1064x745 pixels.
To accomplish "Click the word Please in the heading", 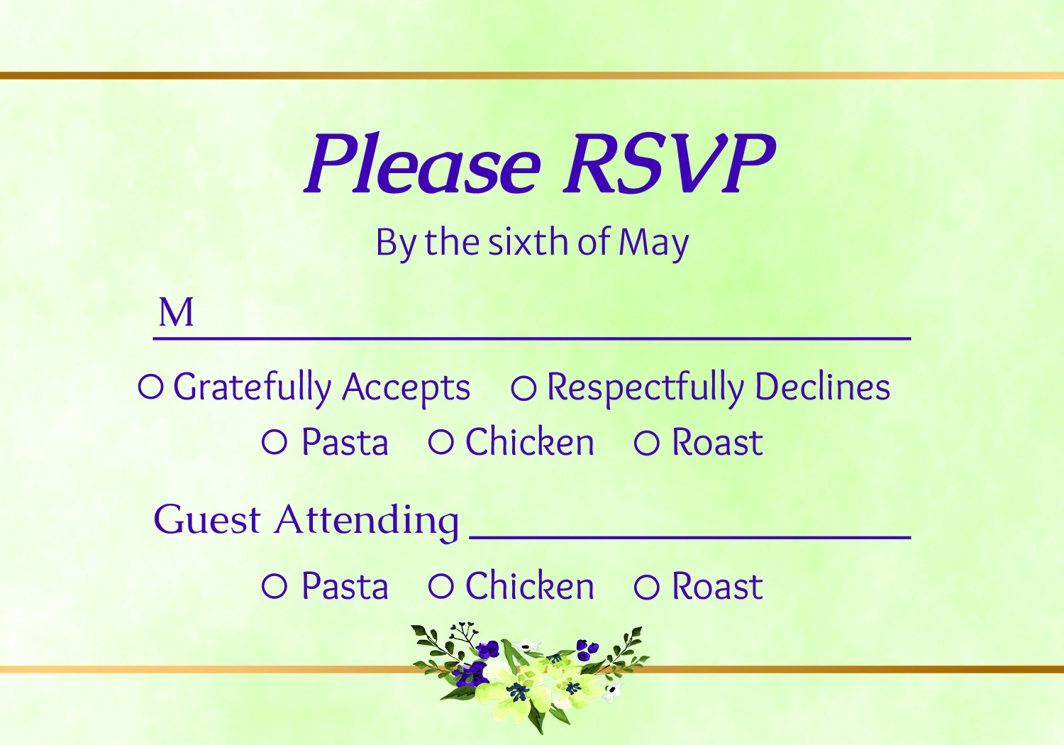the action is (422, 162).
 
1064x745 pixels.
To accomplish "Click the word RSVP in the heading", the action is (670, 162).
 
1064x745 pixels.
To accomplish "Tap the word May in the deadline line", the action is (653, 243).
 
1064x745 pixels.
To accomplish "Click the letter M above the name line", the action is (176, 312).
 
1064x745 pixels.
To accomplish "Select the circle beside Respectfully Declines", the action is (523, 387).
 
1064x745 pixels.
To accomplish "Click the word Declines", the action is (822, 386).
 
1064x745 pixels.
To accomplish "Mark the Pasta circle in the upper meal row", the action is (275, 442).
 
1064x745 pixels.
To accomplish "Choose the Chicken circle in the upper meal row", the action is (440, 442).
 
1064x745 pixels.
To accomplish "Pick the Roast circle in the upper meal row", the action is (647, 443).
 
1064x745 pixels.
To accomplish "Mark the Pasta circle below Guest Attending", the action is (275, 585).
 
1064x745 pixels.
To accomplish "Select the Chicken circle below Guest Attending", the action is (440, 585).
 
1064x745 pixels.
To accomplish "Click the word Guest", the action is (207, 519).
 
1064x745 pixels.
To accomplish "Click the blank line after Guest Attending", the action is (689, 537).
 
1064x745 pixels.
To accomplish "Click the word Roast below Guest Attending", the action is (718, 586).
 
